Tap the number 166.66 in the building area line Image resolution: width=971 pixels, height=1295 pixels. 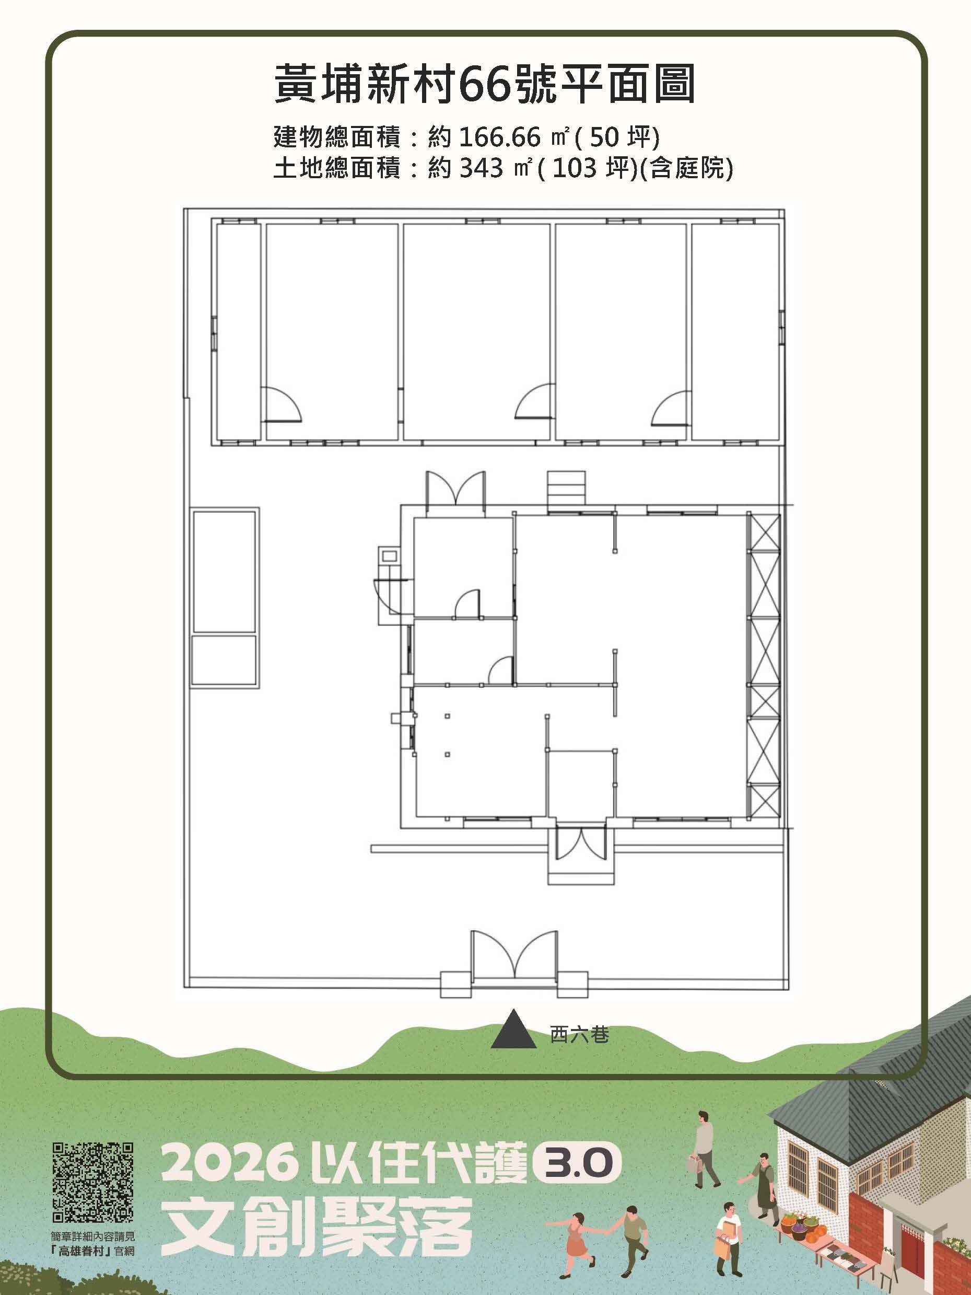(499, 137)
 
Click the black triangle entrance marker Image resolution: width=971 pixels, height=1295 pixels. (513, 1028)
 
